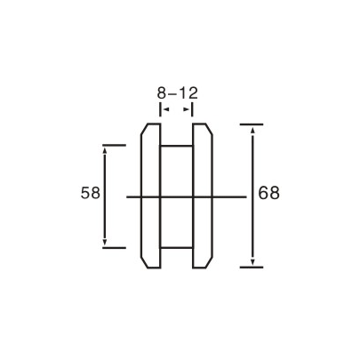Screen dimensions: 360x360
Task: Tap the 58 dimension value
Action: (x=89, y=193)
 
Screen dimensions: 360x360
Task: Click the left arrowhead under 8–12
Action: (x=164, y=108)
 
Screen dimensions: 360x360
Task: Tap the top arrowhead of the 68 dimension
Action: (x=254, y=130)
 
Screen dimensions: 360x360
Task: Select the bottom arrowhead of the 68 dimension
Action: (x=254, y=260)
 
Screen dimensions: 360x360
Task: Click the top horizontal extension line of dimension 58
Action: (x=114, y=144)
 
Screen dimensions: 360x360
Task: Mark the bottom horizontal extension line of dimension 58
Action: (x=114, y=248)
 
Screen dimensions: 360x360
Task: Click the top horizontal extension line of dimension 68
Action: (x=252, y=124)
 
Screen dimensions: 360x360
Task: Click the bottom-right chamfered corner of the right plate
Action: (x=211, y=261)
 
